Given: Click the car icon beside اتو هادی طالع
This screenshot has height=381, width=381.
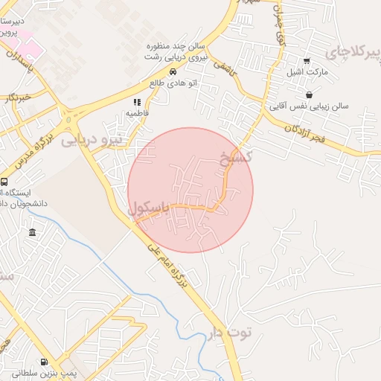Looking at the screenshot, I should pyautogui.click(x=173, y=72).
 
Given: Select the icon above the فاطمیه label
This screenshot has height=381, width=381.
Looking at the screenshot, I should pyautogui.click(x=135, y=102).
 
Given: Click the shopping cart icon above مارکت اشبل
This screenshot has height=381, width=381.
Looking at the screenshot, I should pyautogui.click(x=306, y=61).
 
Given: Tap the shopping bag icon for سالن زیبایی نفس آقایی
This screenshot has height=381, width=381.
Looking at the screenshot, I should pyautogui.click(x=309, y=95).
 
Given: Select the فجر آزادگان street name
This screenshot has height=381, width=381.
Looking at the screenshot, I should pyautogui.click(x=316, y=135).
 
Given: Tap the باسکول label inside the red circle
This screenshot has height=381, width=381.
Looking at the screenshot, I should pyautogui.click(x=150, y=209).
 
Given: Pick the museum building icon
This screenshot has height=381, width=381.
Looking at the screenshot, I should pyautogui.click(x=32, y=234).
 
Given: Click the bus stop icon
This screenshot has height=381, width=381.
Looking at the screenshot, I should pyautogui.click(x=4, y=182).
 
